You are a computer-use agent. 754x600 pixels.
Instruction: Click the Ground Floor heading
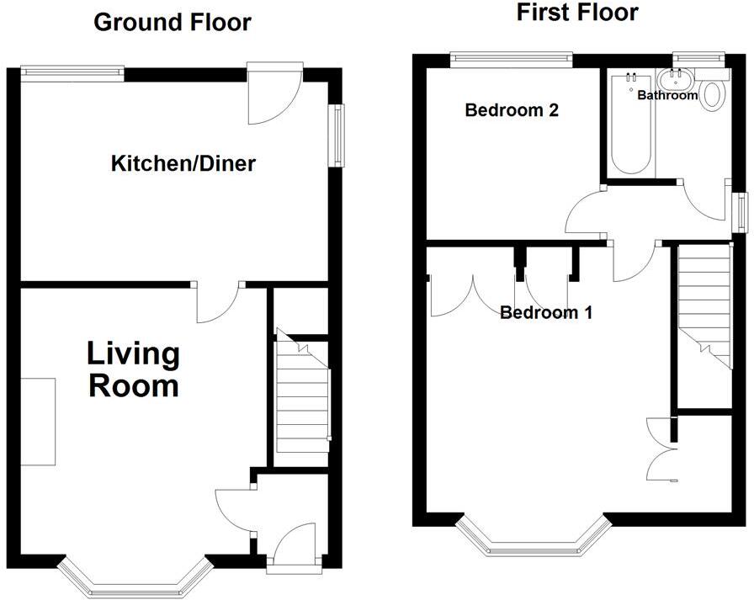pyautogui.click(x=173, y=23)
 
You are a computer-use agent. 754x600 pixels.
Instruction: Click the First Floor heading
pyautogui.click(x=577, y=12)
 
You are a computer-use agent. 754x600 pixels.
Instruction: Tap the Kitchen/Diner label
pyautogui.click(x=183, y=163)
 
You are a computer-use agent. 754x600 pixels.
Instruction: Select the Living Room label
pyautogui.click(x=134, y=369)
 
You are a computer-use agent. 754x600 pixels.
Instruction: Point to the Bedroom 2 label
pyautogui.click(x=512, y=110)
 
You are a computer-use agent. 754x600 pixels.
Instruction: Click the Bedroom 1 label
pyautogui.click(x=546, y=312)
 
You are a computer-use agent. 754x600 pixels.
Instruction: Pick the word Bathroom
pyautogui.click(x=667, y=95)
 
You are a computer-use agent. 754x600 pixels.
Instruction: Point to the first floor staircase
pyautogui.click(x=705, y=308)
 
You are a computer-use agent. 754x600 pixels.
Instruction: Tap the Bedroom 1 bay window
pyautogui.click(x=533, y=535)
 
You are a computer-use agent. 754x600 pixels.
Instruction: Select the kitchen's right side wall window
pyautogui.click(x=337, y=135)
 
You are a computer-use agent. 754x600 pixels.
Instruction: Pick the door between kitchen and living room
pyautogui.click(x=219, y=303)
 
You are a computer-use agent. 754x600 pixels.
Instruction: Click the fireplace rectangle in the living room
pyautogui.click(x=38, y=422)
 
